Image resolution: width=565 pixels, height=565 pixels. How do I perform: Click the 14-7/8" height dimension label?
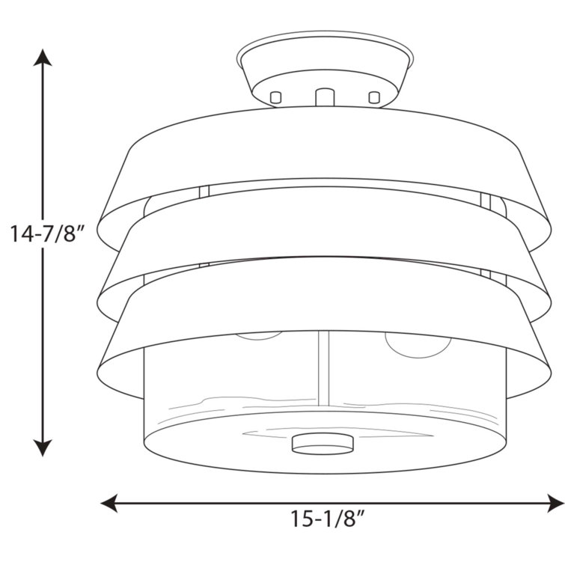tap(47, 233)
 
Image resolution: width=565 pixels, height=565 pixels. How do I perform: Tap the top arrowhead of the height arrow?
tap(43, 58)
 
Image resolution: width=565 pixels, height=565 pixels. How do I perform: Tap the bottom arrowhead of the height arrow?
tap(43, 448)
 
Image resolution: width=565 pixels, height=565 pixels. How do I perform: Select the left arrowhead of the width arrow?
tap(109, 503)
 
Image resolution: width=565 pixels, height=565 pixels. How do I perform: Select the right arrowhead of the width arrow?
tap(555, 503)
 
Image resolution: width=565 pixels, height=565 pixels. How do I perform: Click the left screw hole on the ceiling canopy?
tap(275, 97)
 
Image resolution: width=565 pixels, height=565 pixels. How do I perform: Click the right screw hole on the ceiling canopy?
tap(374, 97)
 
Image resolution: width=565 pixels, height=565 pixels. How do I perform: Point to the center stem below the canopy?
tap(325, 97)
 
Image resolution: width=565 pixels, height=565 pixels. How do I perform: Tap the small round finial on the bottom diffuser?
tap(323, 443)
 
